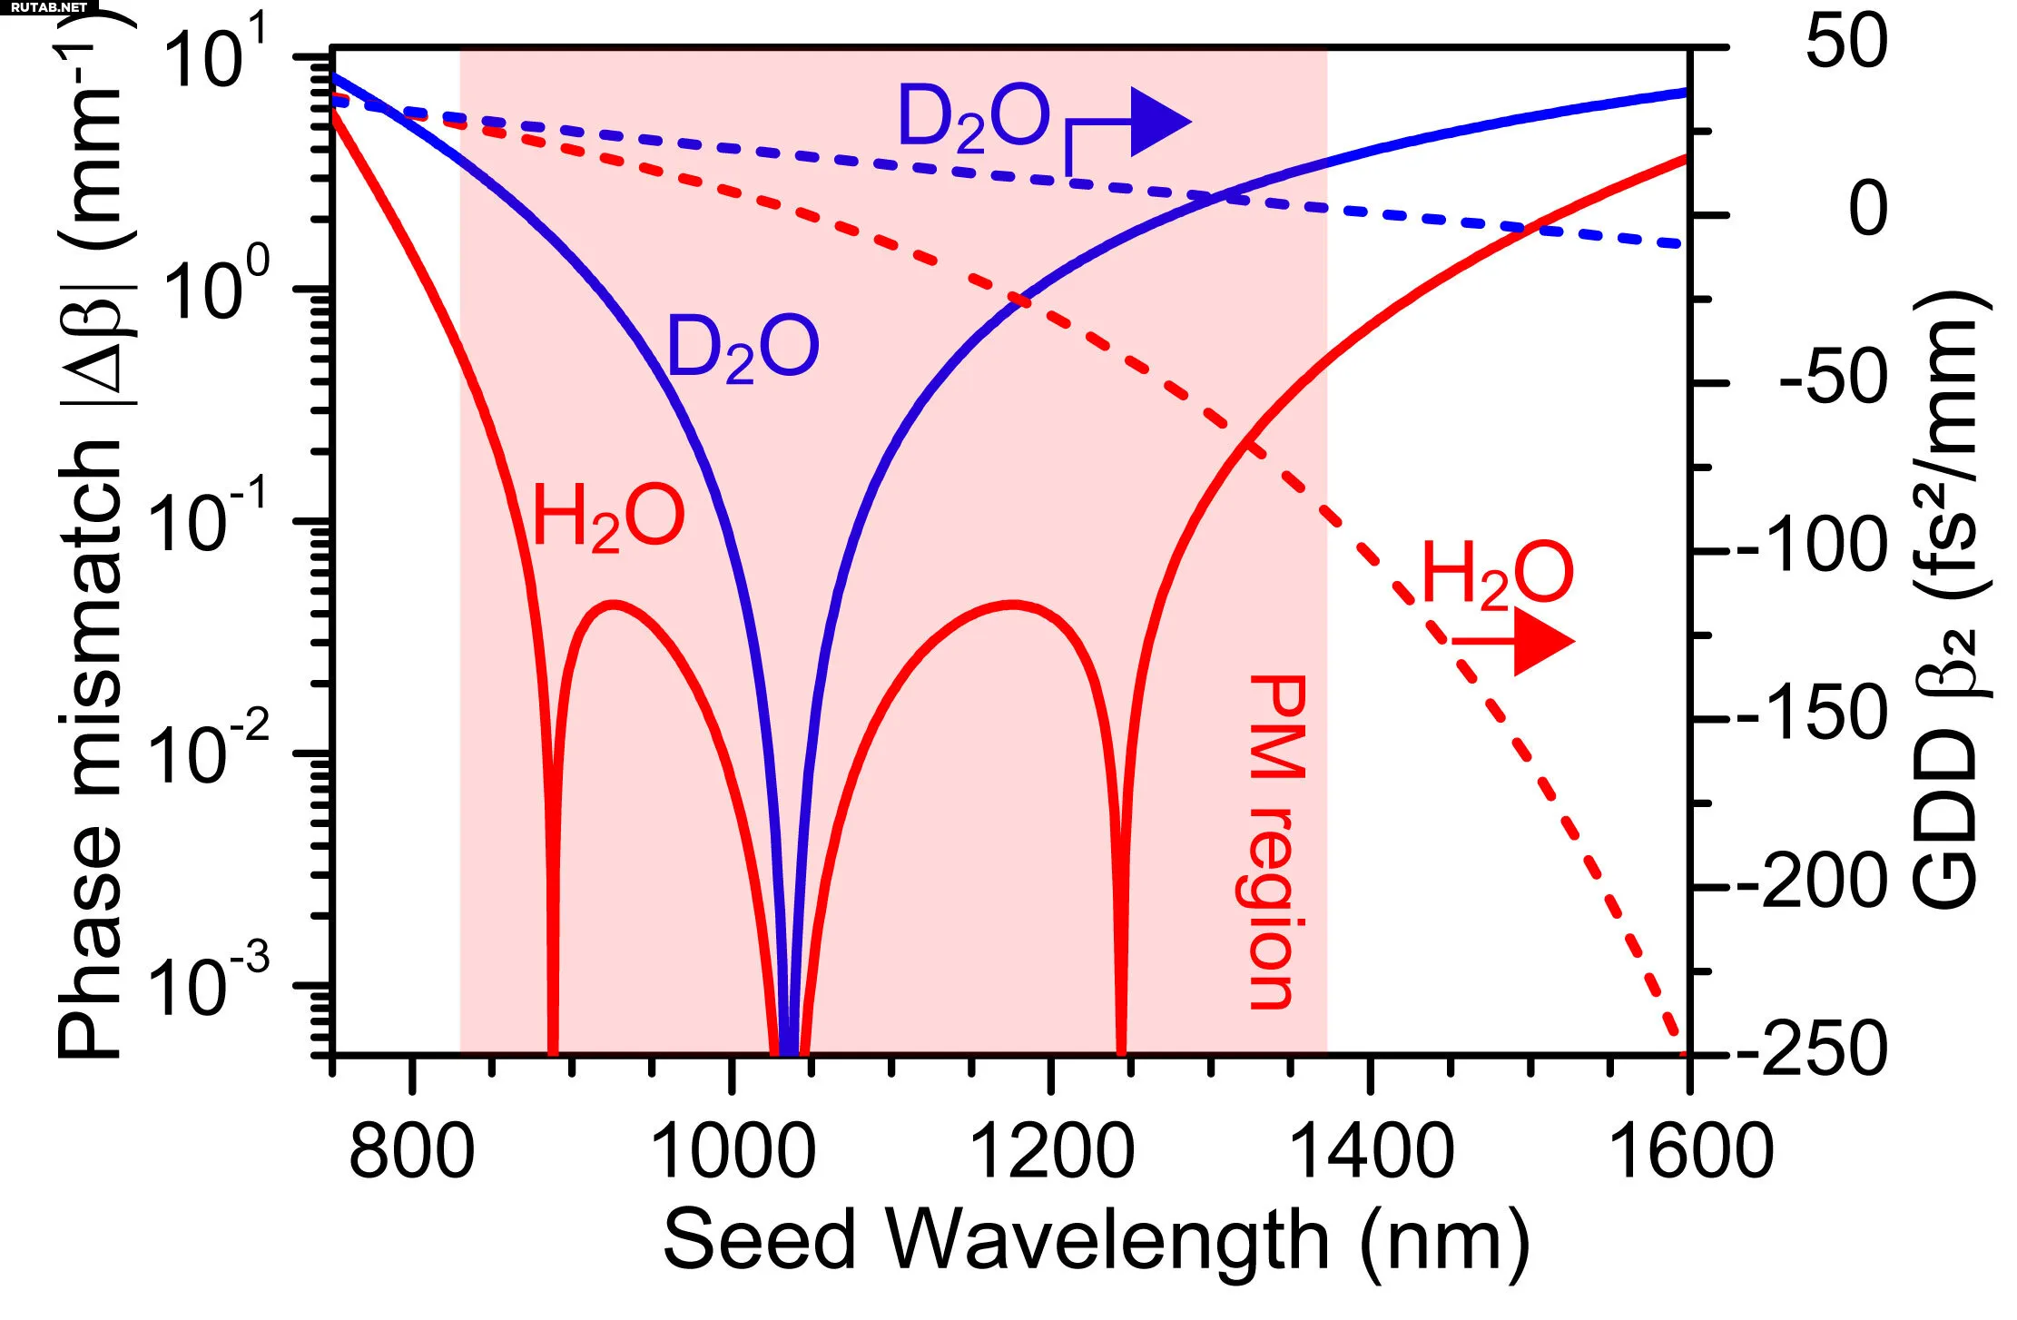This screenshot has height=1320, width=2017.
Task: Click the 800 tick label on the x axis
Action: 411,1151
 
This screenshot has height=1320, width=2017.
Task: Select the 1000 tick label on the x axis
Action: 732,1151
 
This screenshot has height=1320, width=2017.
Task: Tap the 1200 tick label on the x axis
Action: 1051,1151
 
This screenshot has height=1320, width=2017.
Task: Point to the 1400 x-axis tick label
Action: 1371,1151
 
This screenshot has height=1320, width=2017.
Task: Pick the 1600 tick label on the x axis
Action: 1690,1151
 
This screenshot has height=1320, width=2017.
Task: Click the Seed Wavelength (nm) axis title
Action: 1097,1239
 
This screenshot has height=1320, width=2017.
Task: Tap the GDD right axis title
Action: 1950,599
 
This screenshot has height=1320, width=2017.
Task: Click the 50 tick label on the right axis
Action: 1846,42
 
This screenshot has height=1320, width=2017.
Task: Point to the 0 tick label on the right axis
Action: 1868,210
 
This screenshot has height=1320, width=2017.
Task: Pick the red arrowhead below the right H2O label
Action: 1543,642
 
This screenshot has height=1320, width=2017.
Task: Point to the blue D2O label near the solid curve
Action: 743,348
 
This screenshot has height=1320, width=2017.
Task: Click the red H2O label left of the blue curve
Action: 607,517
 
